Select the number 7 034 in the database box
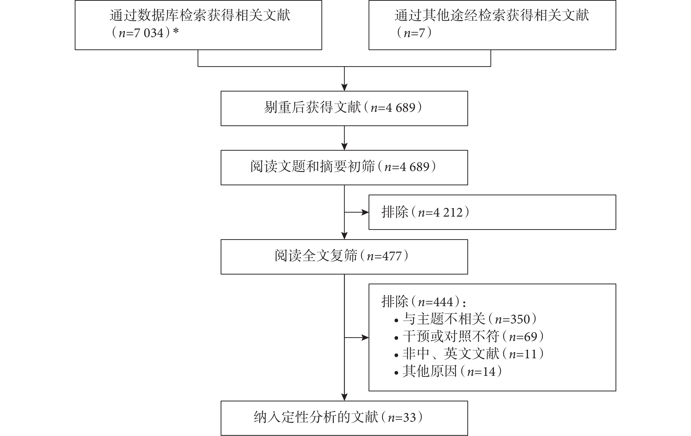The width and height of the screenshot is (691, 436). tap(149, 33)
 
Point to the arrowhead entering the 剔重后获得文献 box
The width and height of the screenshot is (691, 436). tap(344, 87)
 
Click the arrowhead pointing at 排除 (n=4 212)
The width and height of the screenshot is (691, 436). tap(365, 212)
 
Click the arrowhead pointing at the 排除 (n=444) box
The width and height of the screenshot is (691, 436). tap(365, 337)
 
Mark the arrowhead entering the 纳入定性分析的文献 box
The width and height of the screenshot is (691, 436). tap(344, 397)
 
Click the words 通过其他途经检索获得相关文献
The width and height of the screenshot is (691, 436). tap(492, 15)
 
